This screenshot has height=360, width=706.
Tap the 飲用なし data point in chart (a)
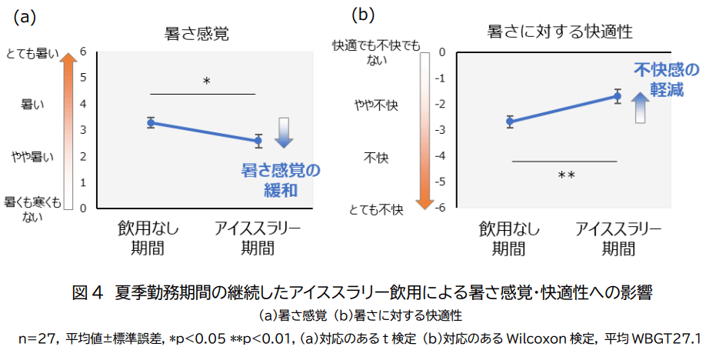point(152,122)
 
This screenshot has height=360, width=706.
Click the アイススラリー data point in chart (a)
point(258,140)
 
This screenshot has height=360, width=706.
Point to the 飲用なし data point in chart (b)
point(510,121)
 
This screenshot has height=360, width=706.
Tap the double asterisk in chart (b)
point(566,176)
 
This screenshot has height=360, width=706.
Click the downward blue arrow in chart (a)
point(284,132)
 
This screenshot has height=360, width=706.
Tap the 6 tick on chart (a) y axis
point(82,52)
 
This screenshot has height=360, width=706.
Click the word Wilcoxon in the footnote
point(538,339)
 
